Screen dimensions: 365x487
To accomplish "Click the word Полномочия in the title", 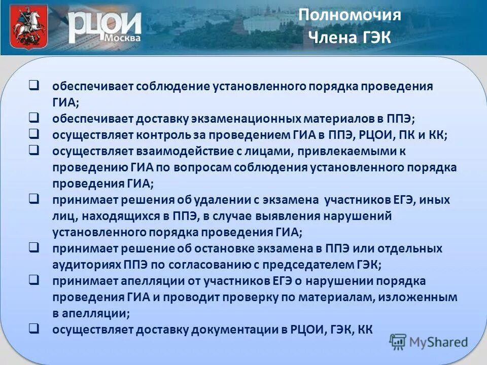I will (350, 15).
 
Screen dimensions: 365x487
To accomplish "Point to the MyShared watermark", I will (429, 342).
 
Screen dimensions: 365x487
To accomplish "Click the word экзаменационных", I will (246, 119).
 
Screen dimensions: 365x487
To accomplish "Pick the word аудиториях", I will (86, 265).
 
